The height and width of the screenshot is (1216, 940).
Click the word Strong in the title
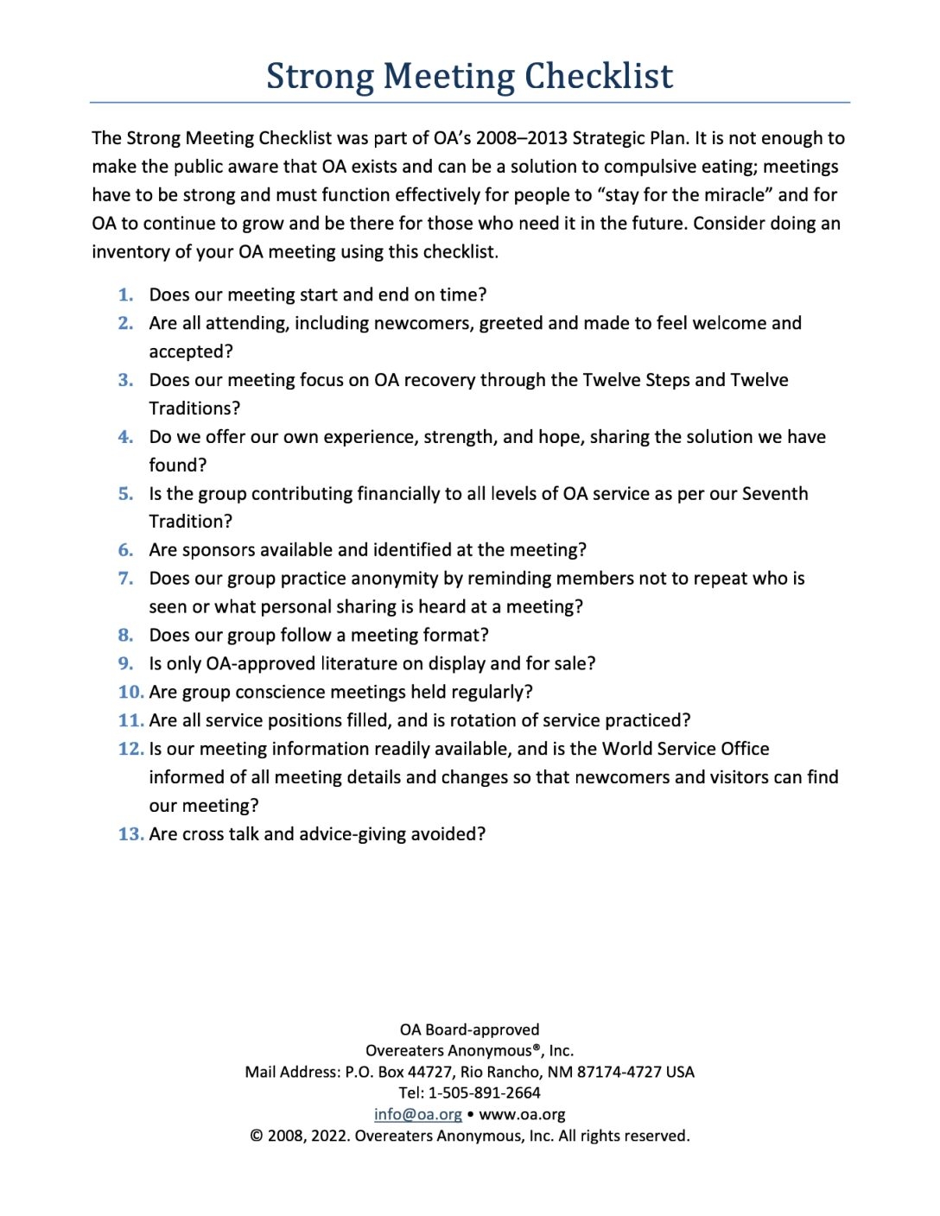coord(320,76)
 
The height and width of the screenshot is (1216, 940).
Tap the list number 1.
coord(126,294)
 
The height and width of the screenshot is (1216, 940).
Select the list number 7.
coord(126,578)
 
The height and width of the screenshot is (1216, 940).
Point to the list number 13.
coord(130,833)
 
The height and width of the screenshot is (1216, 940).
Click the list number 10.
coord(130,692)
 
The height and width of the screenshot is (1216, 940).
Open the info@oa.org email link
coord(417,1114)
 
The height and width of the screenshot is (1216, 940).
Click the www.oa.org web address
coord(522,1114)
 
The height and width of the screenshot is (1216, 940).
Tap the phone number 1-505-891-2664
coord(484,1092)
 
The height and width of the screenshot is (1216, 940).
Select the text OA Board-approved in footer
coord(469,1029)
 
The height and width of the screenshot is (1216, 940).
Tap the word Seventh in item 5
coord(775,493)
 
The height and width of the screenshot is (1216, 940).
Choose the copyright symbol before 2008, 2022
coord(257,1136)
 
